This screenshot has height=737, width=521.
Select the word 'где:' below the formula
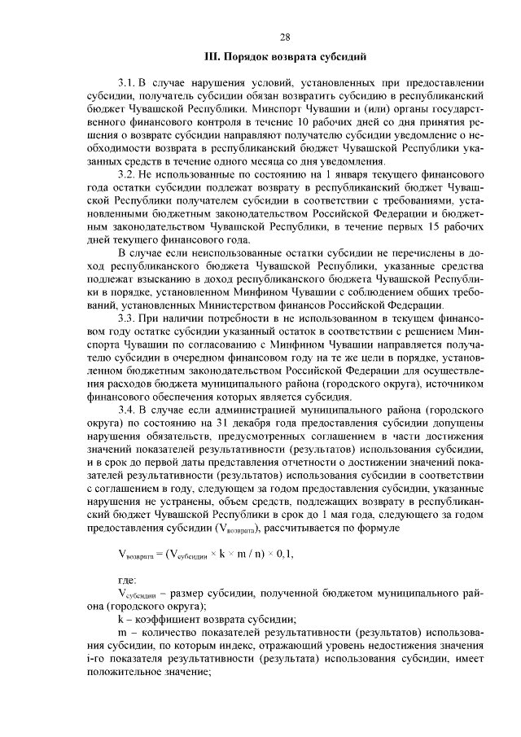[x=128, y=580]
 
